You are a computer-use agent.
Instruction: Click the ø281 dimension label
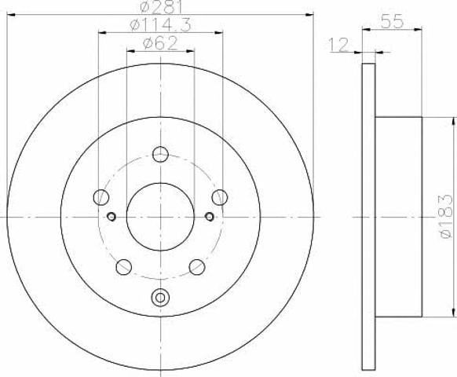[161, 7]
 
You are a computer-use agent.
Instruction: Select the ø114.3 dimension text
[161, 25]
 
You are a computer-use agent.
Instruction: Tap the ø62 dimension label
[160, 44]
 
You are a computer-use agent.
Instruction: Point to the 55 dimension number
[392, 21]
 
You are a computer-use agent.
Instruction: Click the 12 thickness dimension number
[338, 45]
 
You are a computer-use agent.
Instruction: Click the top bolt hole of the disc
[160, 154]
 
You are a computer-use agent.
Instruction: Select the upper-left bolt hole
[101, 197]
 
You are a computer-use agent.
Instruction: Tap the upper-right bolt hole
[220, 197]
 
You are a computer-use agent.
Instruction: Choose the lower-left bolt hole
[124, 267]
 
